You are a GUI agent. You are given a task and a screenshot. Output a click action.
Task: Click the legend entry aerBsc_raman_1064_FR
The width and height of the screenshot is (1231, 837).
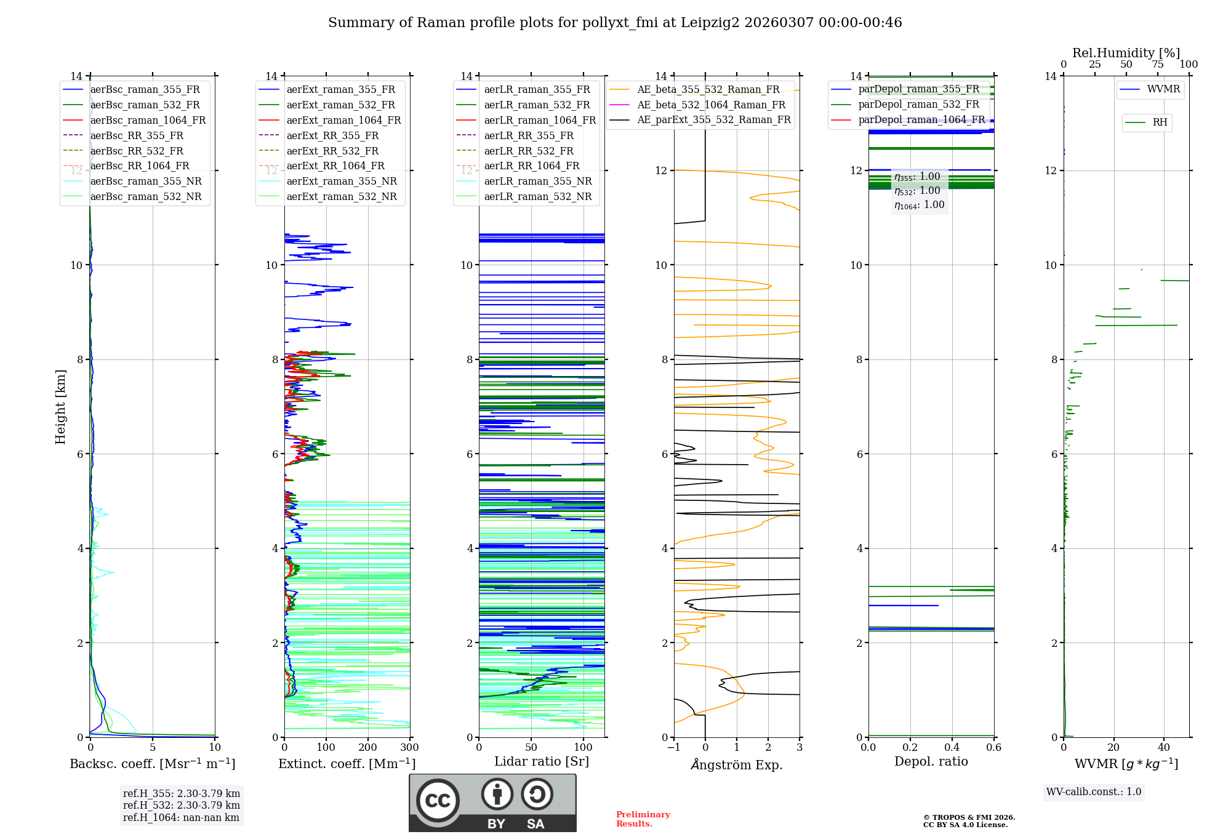(x=148, y=121)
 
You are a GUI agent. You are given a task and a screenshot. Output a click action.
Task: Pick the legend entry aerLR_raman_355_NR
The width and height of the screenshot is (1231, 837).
(x=537, y=182)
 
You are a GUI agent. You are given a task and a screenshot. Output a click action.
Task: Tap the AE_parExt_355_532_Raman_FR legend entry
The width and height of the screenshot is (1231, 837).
(x=713, y=120)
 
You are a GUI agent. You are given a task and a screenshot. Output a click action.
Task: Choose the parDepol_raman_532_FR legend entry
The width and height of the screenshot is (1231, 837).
(x=918, y=105)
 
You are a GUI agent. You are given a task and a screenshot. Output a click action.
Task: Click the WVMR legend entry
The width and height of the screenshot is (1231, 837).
(x=1163, y=89)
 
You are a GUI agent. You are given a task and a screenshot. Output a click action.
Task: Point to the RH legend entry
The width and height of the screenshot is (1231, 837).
(x=1160, y=122)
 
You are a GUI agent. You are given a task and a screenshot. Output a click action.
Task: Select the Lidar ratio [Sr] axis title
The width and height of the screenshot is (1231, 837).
(x=542, y=762)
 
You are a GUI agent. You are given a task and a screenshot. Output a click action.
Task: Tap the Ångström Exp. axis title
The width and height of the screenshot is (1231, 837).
(x=737, y=765)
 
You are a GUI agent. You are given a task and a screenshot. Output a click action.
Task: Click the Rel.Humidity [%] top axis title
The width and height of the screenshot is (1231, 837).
(x=1126, y=53)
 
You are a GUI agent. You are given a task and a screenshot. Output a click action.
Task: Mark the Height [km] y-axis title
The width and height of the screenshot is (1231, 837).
(x=60, y=407)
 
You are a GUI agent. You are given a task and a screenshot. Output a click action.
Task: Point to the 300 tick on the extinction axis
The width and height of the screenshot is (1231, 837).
(x=409, y=748)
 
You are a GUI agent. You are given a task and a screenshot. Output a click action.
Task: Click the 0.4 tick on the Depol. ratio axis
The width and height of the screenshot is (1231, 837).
(x=952, y=748)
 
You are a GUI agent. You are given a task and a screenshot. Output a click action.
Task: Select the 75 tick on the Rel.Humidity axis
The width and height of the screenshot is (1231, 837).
(x=1158, y=65)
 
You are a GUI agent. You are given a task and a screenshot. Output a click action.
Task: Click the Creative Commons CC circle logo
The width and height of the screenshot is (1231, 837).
(x=438, y=801)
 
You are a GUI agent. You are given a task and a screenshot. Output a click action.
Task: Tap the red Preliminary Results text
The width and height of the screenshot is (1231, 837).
(x=643, y=819)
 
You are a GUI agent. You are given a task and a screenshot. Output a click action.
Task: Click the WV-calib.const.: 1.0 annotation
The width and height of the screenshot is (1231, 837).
(x=1094, y=792)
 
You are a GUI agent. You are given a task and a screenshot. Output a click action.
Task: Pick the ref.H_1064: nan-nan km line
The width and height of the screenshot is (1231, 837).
(x=181, y=818)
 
